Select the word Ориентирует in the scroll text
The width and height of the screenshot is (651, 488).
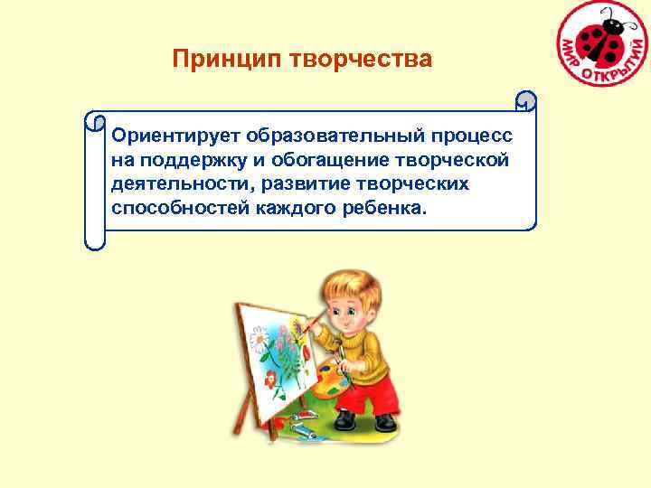pos(165,136)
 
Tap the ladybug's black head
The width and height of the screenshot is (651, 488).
pos(615,26)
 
